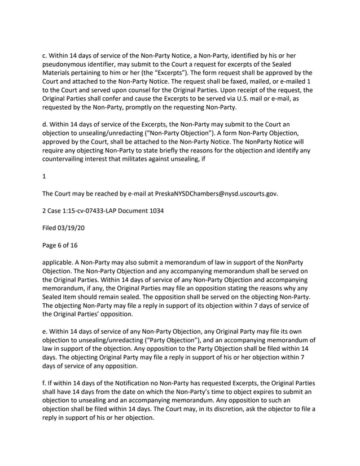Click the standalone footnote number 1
(x=45, y=177)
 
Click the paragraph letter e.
(x=45, y=331)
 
